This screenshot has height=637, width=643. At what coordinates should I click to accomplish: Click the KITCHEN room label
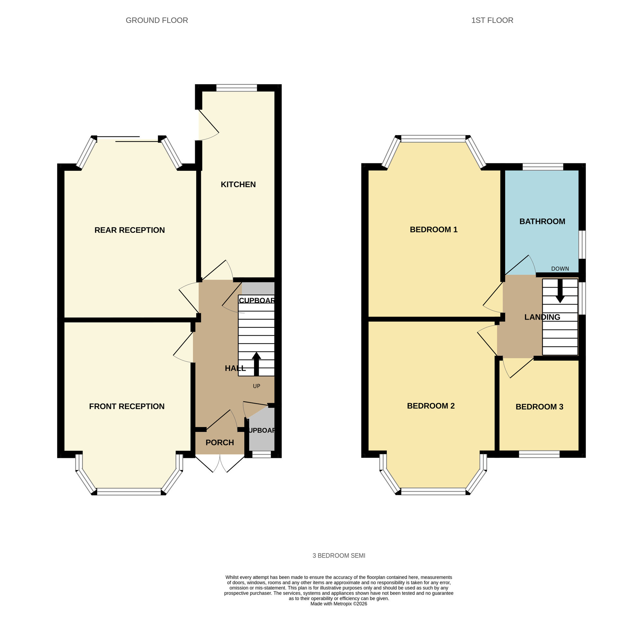coord(238,184)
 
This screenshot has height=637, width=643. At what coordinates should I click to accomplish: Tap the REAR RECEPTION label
coord(130,230)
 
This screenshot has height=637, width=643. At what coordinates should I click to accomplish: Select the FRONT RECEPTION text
coord(126,406)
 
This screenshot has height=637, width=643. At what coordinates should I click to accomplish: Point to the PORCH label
coord(220,443)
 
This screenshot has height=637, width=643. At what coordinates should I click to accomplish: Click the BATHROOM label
coord(542,221)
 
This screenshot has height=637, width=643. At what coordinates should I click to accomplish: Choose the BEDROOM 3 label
coord(539,407)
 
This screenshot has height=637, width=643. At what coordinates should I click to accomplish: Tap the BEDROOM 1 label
coord(433,229)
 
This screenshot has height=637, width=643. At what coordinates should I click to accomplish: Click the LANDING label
coord(542,317)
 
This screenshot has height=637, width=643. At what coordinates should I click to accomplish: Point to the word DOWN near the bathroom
coord(560,268)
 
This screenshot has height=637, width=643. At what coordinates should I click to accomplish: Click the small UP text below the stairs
coord(256,386)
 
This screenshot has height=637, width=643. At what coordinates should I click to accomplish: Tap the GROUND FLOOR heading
coord(157,20)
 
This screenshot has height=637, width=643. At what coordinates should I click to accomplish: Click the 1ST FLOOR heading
coord(492,20)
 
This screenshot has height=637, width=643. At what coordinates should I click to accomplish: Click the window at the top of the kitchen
coord(237,88)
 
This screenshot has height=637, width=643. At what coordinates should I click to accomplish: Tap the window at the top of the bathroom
coord(542,167)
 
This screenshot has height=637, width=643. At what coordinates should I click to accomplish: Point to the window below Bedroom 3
coord(539,454)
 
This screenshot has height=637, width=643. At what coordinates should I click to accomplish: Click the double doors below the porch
coord(220,463)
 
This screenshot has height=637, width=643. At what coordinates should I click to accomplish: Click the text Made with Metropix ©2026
coord(339,603)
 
